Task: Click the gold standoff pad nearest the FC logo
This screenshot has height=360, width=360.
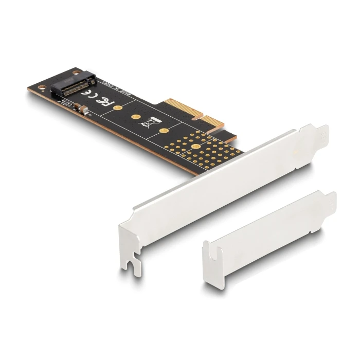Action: pos(118,107)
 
